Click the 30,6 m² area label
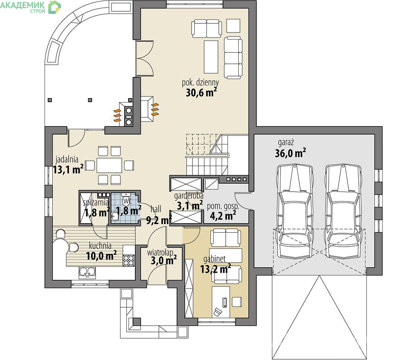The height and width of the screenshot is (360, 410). (x=201, y=92)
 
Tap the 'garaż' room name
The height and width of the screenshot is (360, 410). (x=286, y=143)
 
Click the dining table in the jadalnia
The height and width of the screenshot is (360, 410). (x=109, y=165)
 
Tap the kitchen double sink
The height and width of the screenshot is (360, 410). (x=87, y=273)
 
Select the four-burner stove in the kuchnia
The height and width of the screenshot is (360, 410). (x=129, y=260)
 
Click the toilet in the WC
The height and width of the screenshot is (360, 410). (x=127, y=199)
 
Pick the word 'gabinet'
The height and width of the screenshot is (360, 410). (x=214, y=259)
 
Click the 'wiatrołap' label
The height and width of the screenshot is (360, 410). (x=160, y=252)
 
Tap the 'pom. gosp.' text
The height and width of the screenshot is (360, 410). (x=223, y=206)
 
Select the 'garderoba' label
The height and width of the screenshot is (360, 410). (x=189, y=195)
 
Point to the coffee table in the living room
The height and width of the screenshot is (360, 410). (x=211, y=57)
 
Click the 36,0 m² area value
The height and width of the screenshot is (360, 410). (x=290, y=153)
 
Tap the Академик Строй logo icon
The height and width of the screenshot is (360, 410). (x=54, y=7)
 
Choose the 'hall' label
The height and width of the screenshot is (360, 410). (x=156, y=209)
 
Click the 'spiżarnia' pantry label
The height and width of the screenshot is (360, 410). (x=96, y=202)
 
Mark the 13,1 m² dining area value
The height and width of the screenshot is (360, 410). (x=68, y=169)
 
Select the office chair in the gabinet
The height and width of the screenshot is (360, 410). (x=218, y=312)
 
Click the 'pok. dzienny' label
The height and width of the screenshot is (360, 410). (x=201, y=82)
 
